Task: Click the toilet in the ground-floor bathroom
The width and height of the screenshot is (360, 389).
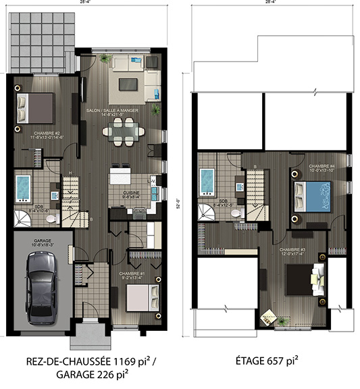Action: pos(55,196)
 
